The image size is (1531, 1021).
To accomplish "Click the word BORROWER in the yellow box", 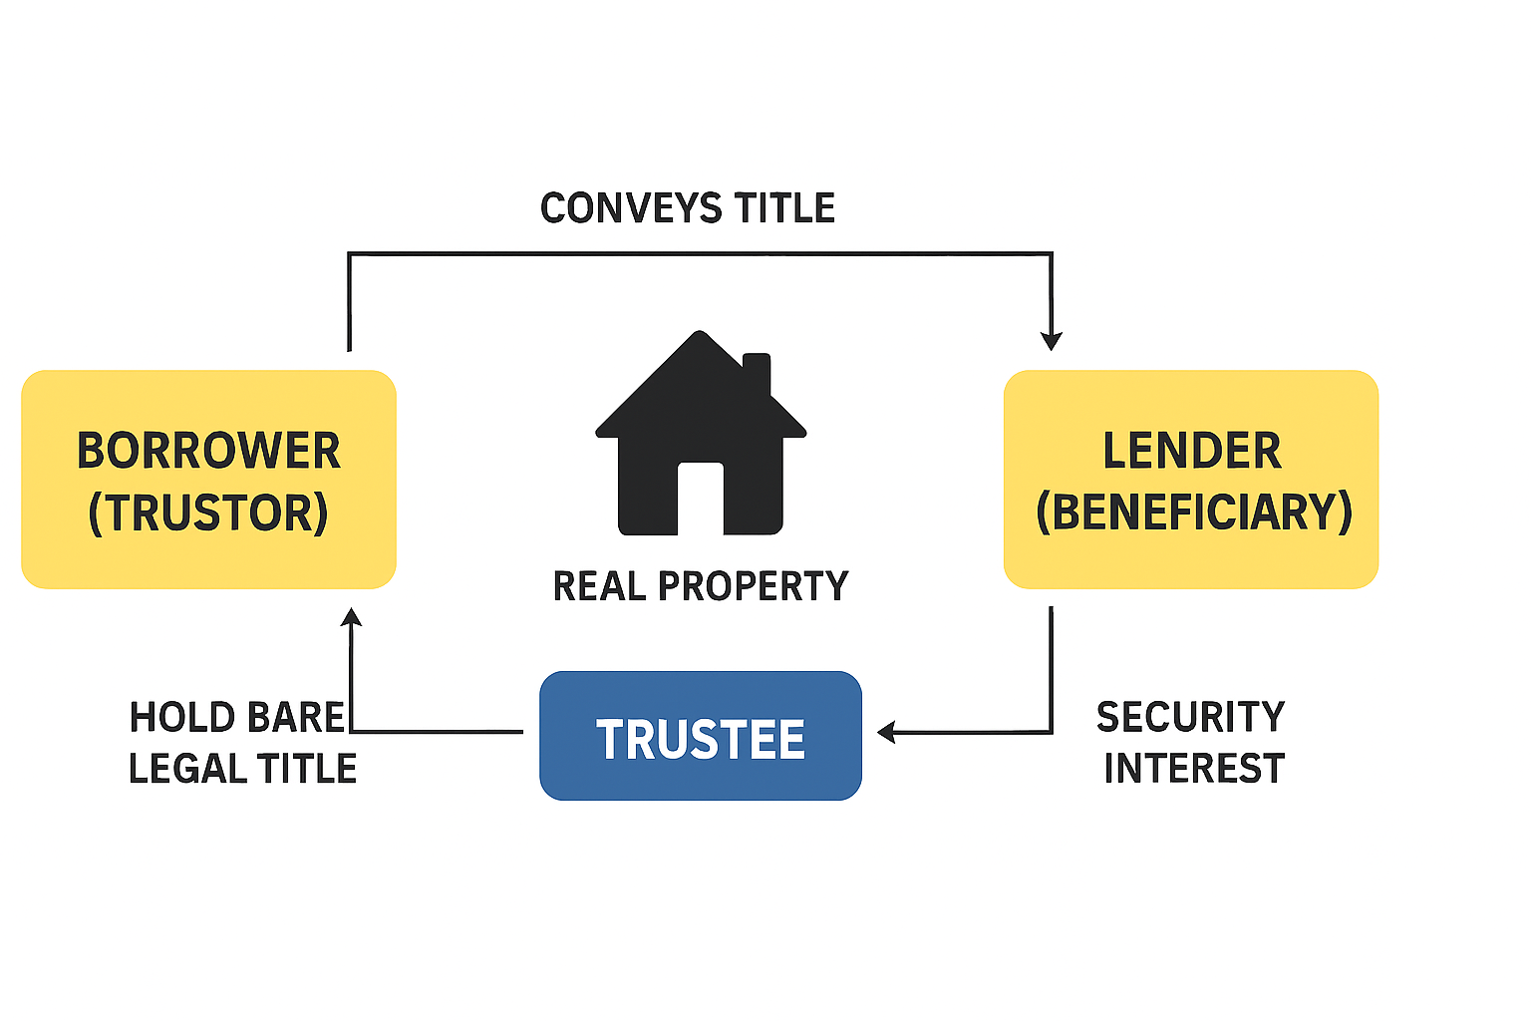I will (208, 451).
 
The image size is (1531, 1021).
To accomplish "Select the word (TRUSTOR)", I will (208, 512).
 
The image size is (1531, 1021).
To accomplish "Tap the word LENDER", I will (1191, 451).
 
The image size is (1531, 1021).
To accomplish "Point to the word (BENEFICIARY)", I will (1193, 512).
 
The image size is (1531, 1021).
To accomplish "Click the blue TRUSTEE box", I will (700, 737).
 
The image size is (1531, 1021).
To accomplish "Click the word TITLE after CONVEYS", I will (784, 208).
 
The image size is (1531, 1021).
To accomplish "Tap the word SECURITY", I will (1191, 717).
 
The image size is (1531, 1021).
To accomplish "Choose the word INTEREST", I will (1194, 769).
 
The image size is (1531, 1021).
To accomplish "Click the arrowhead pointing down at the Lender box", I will (1051, 340).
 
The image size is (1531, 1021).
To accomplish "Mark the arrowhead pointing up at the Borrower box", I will (351, 617).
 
